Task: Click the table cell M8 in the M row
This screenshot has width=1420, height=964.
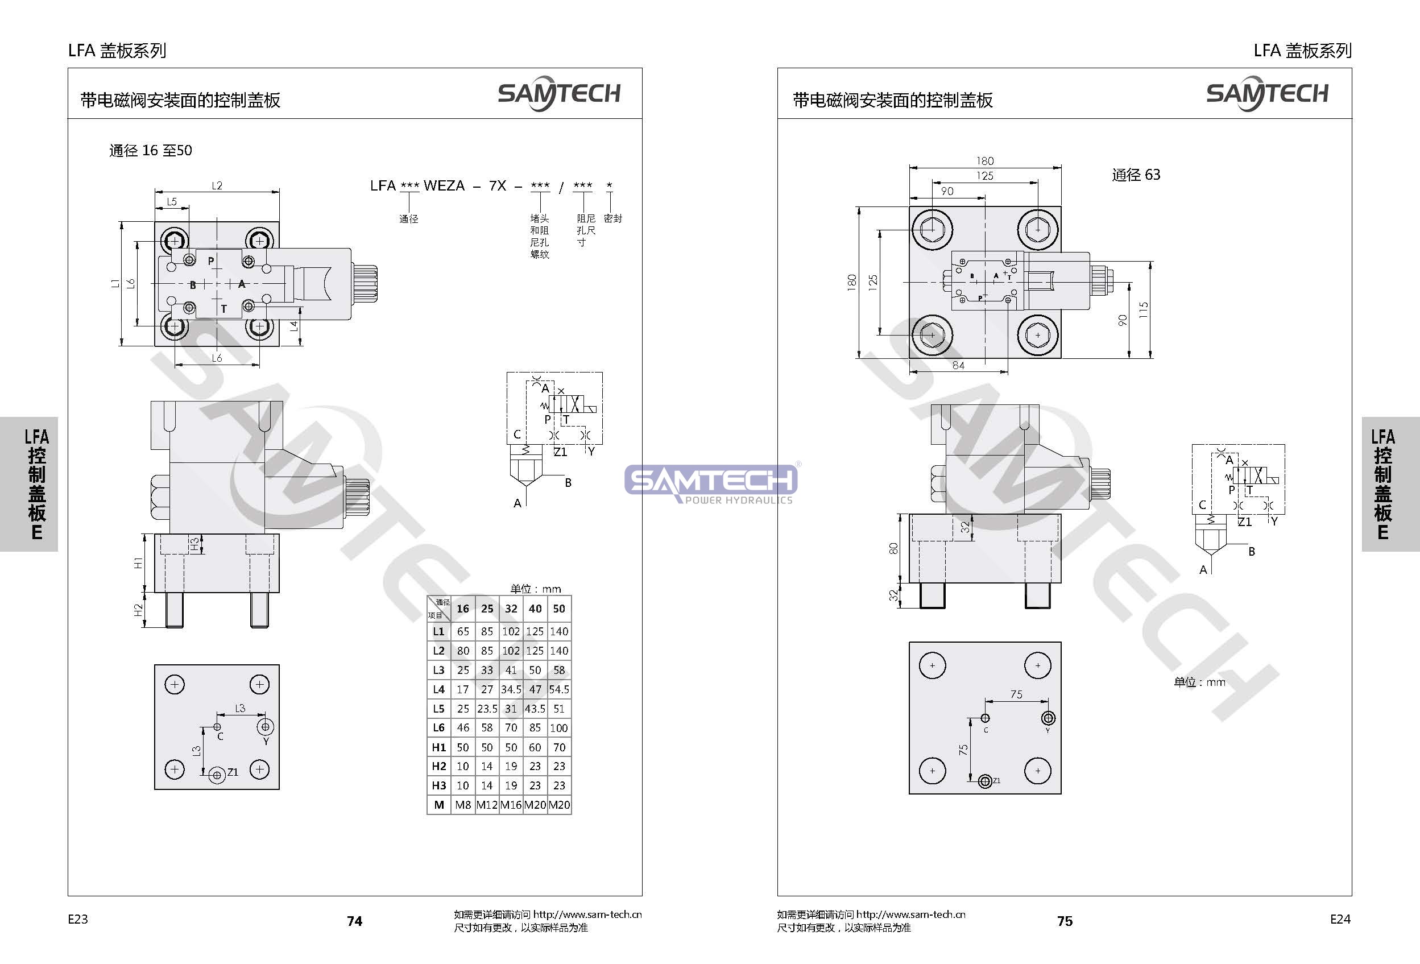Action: click(x=462, y=805)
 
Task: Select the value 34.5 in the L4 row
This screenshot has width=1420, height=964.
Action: click(x=511, y=689)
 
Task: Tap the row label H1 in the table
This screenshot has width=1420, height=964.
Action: click(x=438, y=747)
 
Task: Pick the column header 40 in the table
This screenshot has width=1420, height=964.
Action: click(x=535, y=609)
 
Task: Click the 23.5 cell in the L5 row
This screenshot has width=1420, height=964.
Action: click(x=487, y=709)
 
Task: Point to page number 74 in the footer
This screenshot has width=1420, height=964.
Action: click(x=354, y=921)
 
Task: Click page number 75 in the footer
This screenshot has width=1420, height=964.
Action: click(x=1065, y=921)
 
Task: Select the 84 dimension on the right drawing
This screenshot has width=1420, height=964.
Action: click(x=958, y=365)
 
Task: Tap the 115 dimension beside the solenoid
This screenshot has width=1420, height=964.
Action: click(x=1143, y=310)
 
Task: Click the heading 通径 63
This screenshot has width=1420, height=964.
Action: click(x=1136, y=175)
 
